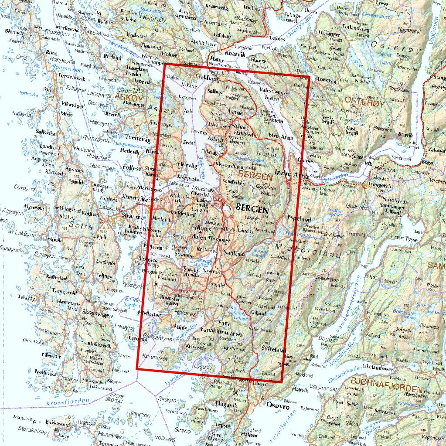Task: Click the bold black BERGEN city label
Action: point(252,208)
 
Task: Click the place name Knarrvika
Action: point(135,197)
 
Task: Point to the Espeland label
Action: point(300,217)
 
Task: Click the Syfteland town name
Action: point(273,350)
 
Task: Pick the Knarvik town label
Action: point(239,56)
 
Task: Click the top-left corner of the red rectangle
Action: point(164,64)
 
